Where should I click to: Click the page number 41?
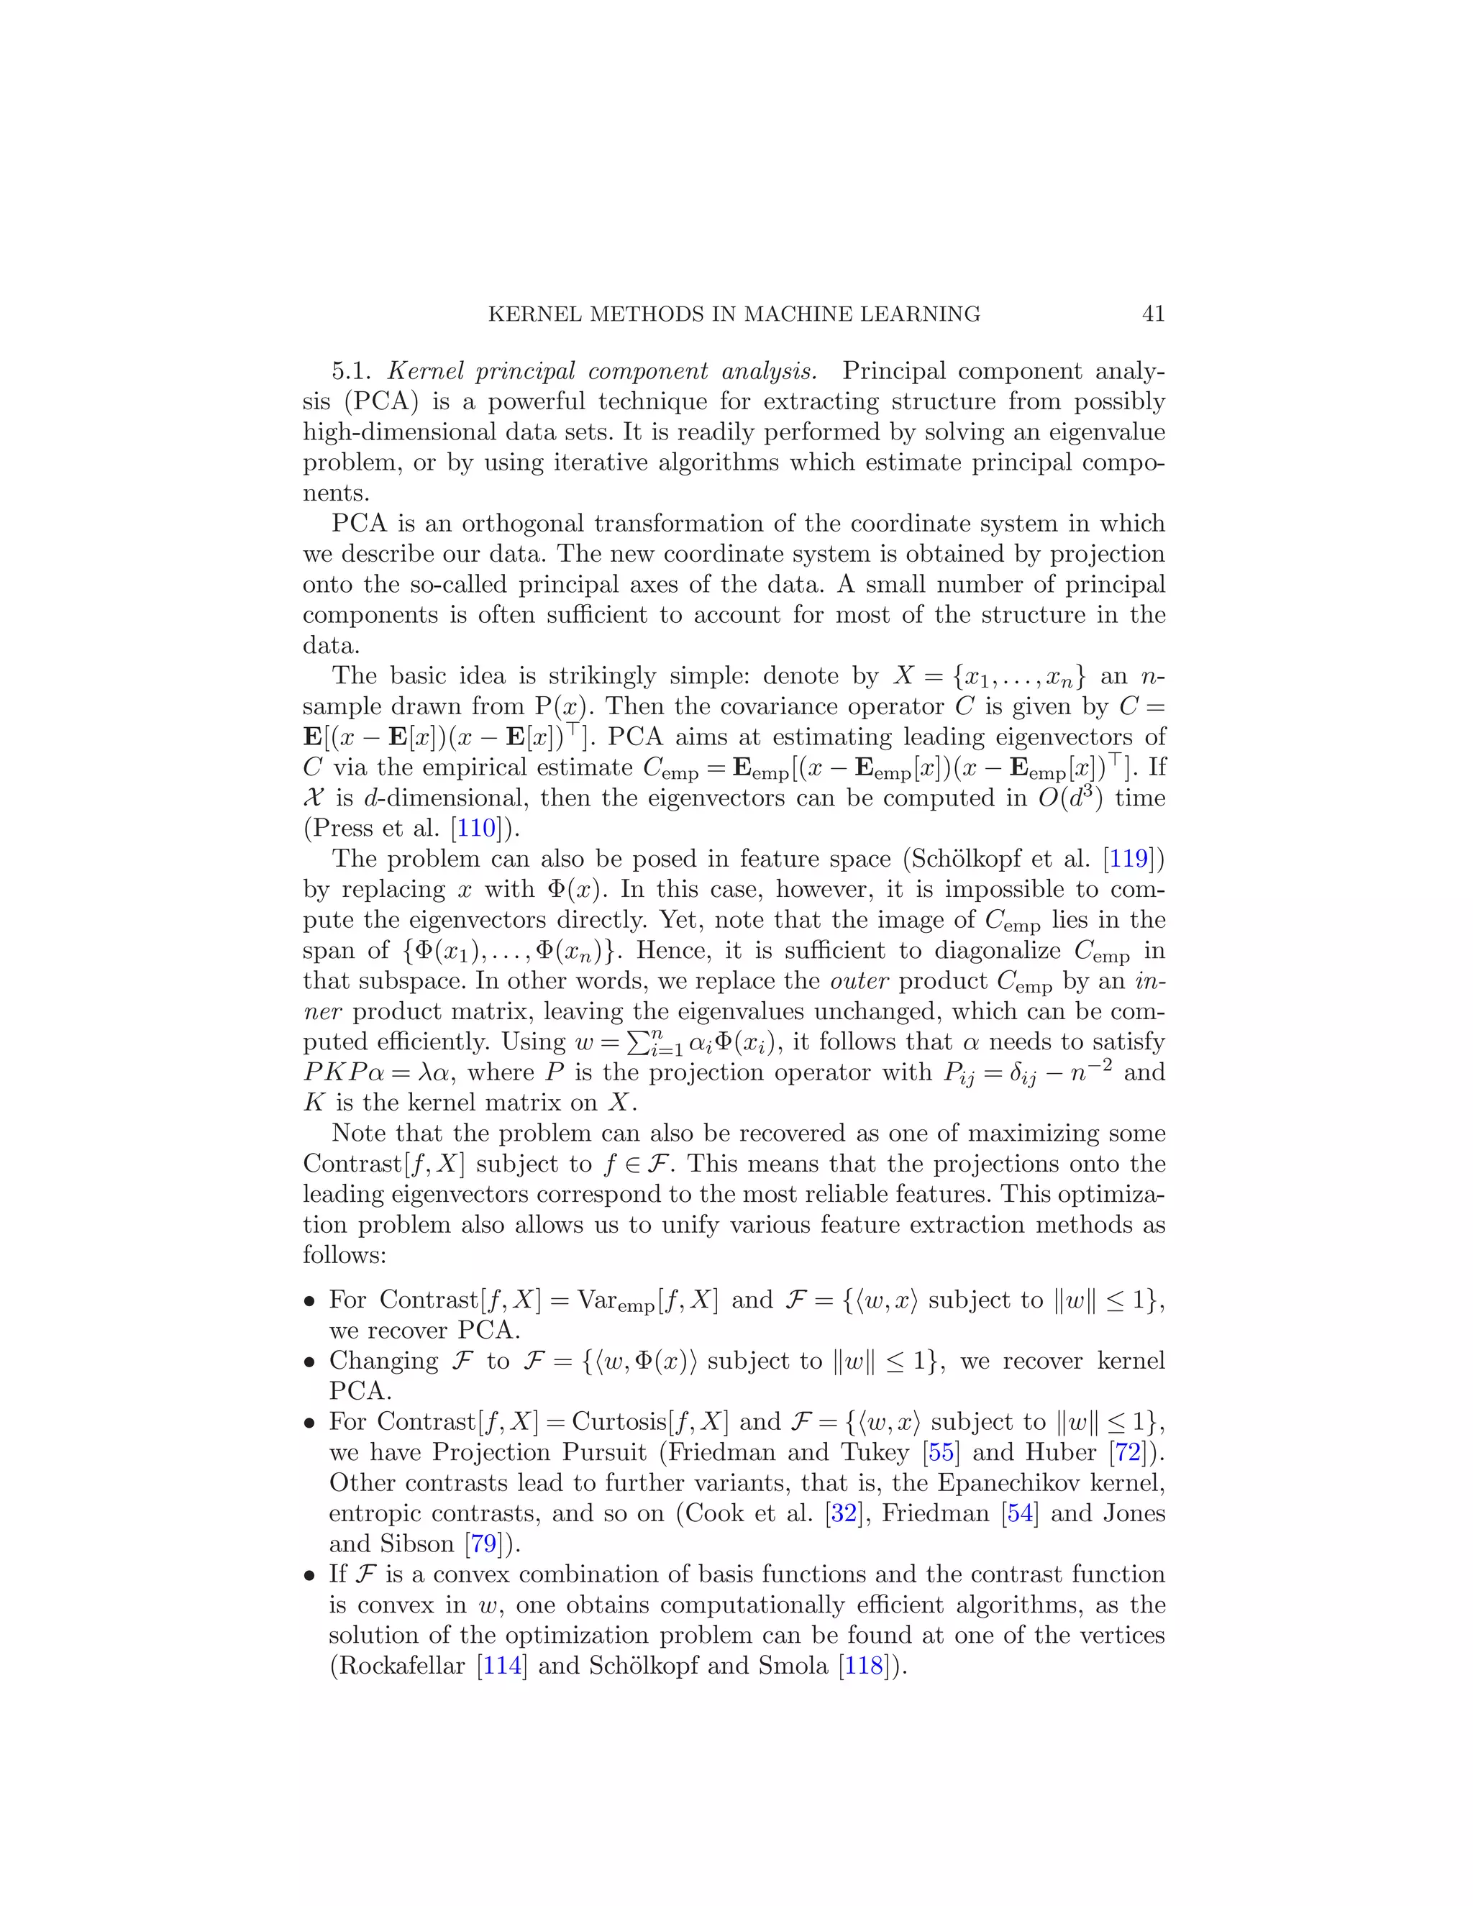coord(1153,314)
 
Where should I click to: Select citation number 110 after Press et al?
coord(476,827)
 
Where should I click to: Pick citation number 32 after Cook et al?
coord(844,1513)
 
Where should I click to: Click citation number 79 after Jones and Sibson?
coord(483,1544)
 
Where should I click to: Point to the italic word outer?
coord(859,981)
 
